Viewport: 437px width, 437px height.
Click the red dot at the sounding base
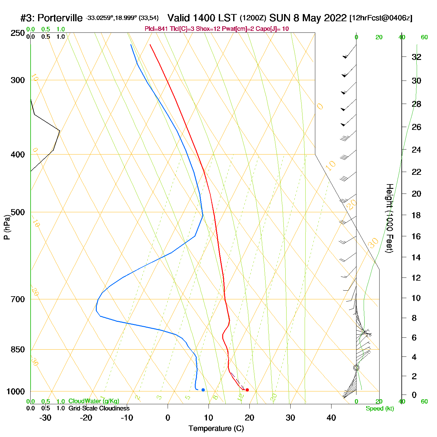click(x=247, y=390)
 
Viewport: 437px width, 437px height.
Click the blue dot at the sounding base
click(x=203, y=390)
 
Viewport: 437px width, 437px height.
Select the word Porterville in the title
click(x=60, y=18)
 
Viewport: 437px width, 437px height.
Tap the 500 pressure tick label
click(x=18, y=212)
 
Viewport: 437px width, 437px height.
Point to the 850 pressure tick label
click(x=18, y=350)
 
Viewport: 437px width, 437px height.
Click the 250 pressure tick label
click(x=18, y=33)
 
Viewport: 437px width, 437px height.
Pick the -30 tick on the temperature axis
click(x=46, y=418)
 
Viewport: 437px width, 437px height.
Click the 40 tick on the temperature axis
click(x=331, y=418)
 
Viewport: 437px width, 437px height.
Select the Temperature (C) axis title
click(x=216, y=429)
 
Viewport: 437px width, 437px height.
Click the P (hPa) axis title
click(x=7, y=227)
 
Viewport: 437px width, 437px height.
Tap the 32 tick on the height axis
click(x=416, y=57)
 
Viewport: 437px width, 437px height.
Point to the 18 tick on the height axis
click(x=416, y=215)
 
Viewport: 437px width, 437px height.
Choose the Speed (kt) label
click(x=380, y=409)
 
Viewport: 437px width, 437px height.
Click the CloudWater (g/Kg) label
click(x=94, y=401)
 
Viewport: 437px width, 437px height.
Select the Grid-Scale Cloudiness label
click(x=99, y=408)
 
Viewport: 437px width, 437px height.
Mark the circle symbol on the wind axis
click(x=356, y=368)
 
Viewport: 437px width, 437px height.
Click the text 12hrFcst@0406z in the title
click(x=381, y=18)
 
